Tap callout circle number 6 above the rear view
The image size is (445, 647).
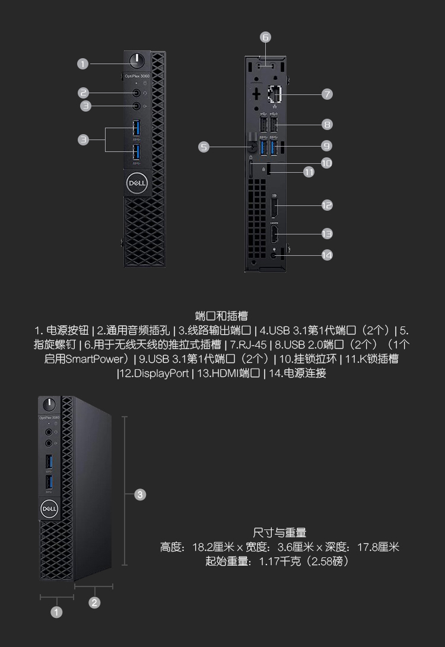[x=265, y=37]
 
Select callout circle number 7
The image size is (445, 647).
[x=327, y=94]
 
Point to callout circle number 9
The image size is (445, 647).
[x=327, y=145]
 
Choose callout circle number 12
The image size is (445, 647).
[x=327, y=205]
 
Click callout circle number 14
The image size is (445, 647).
[x=327, y=255]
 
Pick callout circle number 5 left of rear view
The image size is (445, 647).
[x=204, y=147]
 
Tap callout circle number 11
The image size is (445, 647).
[x=309, y=172]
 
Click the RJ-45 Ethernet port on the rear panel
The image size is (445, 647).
[x=275, y=94]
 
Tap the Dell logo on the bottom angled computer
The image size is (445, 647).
[x=49, y=509]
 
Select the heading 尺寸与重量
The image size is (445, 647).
[x=279, y=532]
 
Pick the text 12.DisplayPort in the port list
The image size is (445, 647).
[x=154, y=373]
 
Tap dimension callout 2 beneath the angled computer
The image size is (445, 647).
[x=94, y=603]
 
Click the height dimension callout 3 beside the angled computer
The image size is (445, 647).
[x=140, y=494]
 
